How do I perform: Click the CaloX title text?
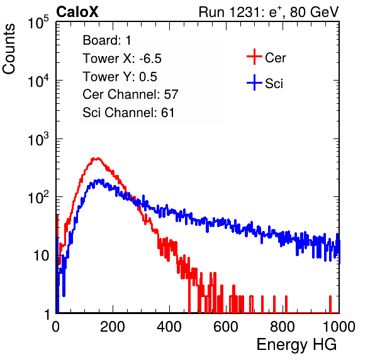[x=77, y=12]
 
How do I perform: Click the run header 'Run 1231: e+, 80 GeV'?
[x=269, y=12]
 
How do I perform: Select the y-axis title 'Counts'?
[x=9, y=49]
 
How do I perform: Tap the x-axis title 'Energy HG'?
[x=296, y=345]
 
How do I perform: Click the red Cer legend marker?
[x=254, y=57]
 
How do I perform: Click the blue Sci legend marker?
[x=254, y=82]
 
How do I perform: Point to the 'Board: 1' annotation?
[x=107, y=40]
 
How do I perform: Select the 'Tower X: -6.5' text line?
[x=122, y=59]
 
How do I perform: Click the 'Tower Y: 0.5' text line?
[x=120, y=77]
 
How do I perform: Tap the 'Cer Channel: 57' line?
[x=130, y=94]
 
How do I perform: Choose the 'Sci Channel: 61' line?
[x=128, y=113]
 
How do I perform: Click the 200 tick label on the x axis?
[x=113, y=327]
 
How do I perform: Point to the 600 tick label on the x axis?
[x=226, y=327]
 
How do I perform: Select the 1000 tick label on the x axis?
[x=339, y=327]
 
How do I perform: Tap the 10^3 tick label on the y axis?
[x=38, y=139]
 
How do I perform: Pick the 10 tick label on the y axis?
[x=42, y=256]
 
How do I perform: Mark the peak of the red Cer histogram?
[x=96, y=159]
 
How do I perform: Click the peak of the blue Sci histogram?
[x=99, y=180]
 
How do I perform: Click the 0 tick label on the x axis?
[x=55, y=327]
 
